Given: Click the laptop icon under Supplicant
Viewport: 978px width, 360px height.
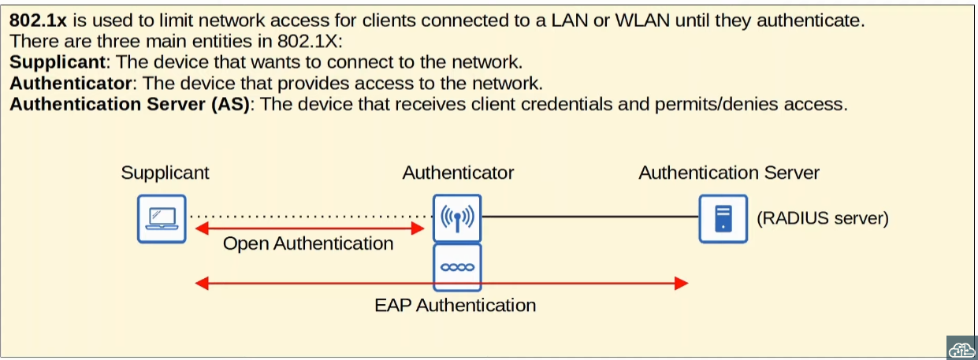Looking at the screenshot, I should (x=162, y=218).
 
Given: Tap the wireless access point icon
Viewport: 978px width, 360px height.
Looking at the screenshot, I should (x=457, y=218).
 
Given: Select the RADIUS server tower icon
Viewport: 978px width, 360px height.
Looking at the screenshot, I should (x=723, y=218).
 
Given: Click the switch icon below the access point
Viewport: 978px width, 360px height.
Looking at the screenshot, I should (x=457, y=267).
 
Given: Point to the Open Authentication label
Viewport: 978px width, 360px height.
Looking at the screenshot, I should (x=308, y=244).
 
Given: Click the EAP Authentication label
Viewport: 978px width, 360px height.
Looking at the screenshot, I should (x=455, y=305).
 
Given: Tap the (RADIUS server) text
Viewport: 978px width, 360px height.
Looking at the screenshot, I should (x=822, y=218).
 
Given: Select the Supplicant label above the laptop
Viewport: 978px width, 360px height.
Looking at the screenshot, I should (x=165, y=173).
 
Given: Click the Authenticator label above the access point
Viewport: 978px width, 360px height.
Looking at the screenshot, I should (x=458, y=173).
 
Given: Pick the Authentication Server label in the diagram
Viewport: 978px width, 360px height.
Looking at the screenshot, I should (x=729, y=173).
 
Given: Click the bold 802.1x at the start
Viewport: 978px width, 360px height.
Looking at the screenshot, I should (x=39, y=21).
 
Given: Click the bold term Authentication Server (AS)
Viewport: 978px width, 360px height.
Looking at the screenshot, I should (x=130, y=104).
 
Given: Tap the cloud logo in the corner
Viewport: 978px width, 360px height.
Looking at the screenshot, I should (x=961, y=347).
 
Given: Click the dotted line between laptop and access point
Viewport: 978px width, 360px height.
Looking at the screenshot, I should (x=307, y=215).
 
